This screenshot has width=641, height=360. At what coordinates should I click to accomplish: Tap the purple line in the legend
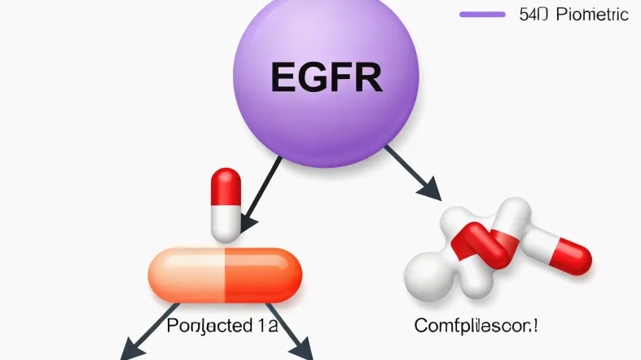click(x=482, y=14)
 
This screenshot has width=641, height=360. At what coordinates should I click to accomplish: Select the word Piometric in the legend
click(x=591, y=14)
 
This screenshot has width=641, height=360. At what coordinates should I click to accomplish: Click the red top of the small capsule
click(x=226, y=186)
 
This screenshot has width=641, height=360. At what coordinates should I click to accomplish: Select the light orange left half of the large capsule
click(x=186, y=273)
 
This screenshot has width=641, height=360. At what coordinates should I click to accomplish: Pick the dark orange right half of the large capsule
click(x=262, y=273)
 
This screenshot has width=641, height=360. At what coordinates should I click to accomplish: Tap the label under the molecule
click(x=476, y=327)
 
